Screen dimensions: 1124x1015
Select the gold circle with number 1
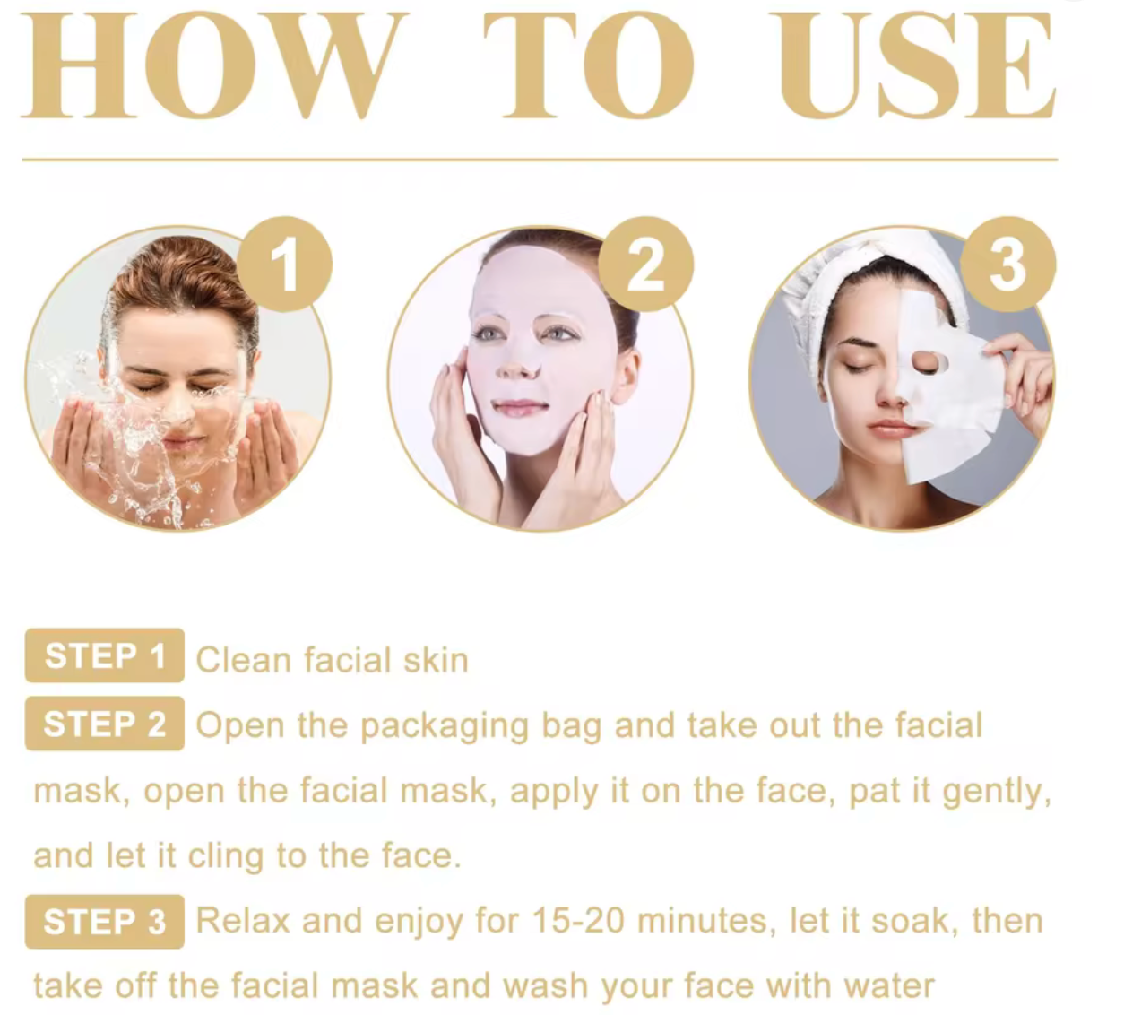[285, 264]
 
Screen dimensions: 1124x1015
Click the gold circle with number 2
[645, 264]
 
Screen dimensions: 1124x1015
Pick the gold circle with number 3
[1008, 264]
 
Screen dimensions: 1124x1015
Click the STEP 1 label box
[105, 655]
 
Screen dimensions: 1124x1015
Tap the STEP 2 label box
[105, 724]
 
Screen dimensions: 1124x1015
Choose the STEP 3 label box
[105, 922]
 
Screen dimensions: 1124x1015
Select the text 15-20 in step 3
[578, 922]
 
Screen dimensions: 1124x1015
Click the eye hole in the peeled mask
[928, 363]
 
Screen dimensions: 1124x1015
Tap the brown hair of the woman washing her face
[180, 281]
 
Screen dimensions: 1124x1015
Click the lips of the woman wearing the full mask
[519, 406]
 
